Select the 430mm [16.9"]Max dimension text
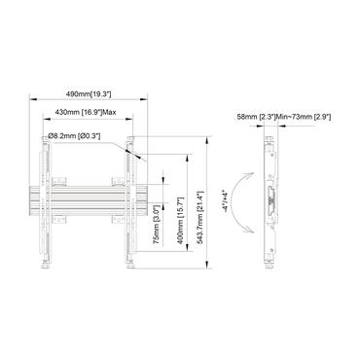coord(86,113)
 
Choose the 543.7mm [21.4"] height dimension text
coord(200,203)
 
